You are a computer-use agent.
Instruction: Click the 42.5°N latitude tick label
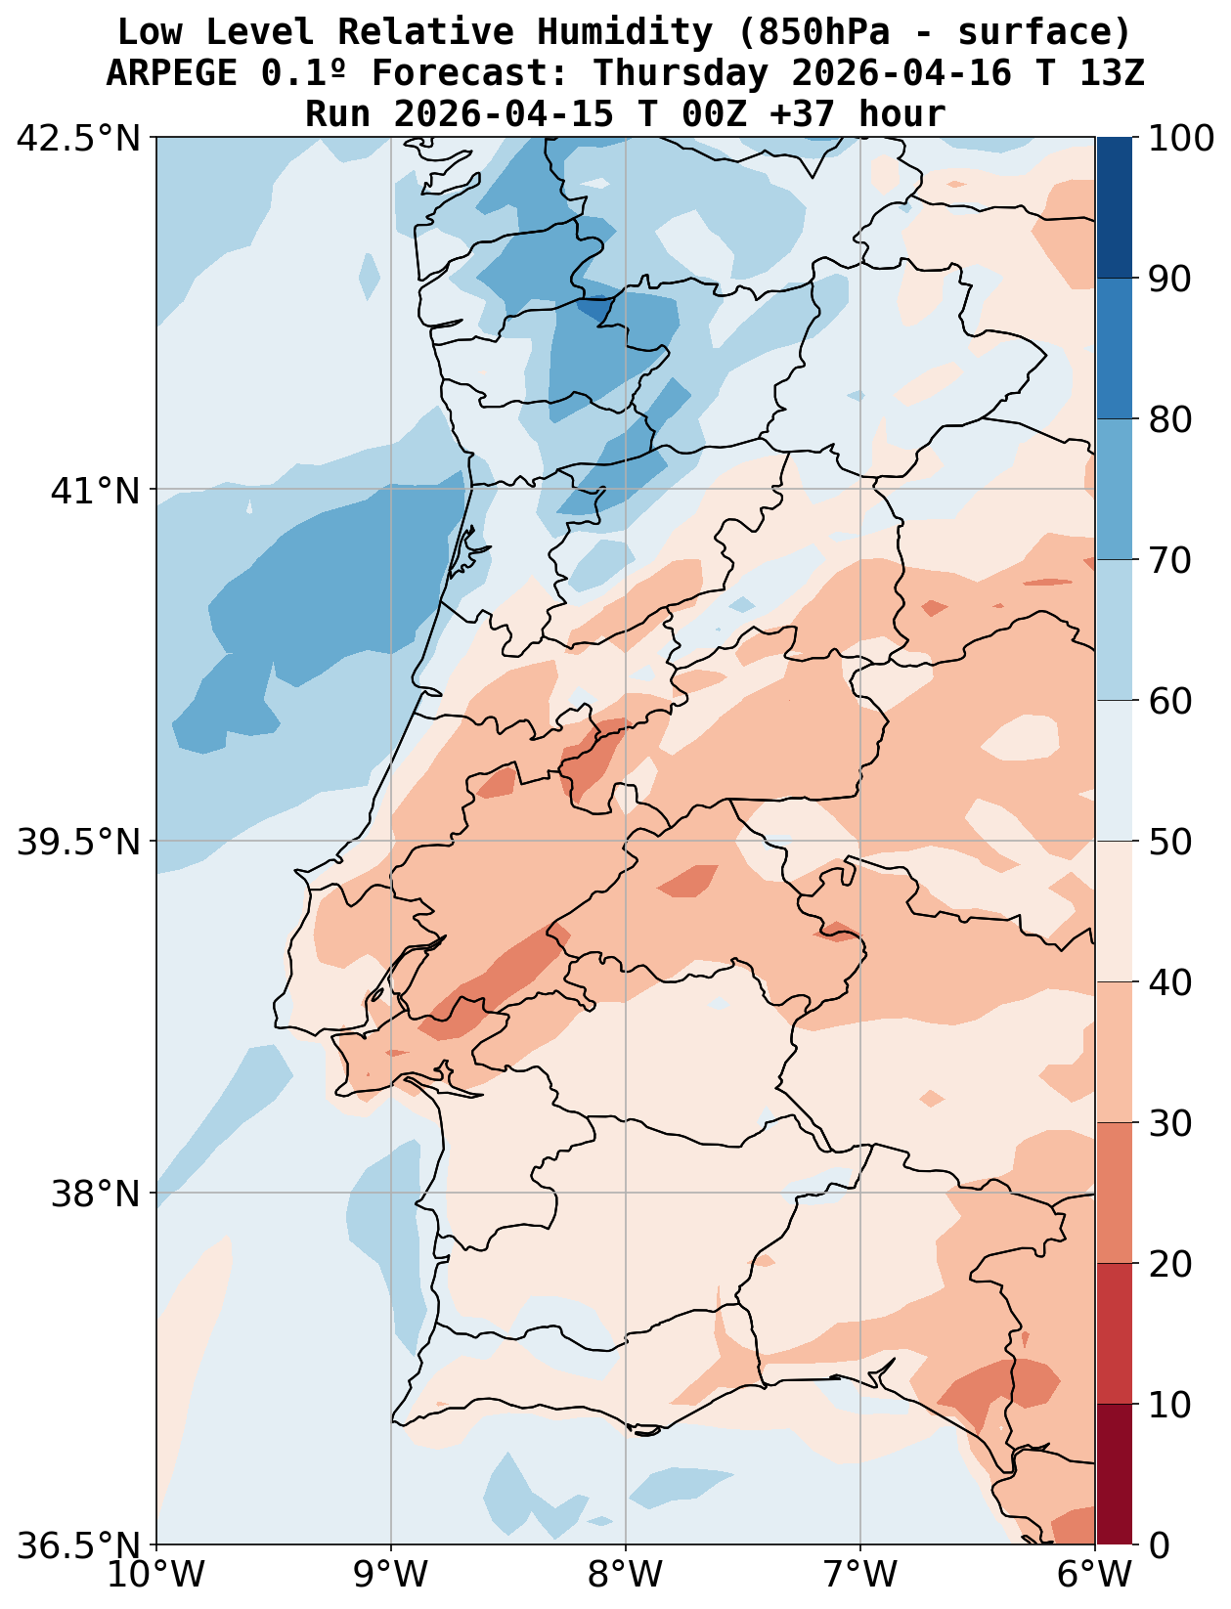pyautogui.click(x=78, y=138)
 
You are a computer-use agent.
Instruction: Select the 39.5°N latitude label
pyautogui.click(x=78, y=842)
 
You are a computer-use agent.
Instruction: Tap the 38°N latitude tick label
pyautogui.click(x=94, y=1194)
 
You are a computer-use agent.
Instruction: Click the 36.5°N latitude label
pyautogui.click(x=78, y=1545)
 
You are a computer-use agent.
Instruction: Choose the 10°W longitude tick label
pyautogui.click(x=156, y=1576)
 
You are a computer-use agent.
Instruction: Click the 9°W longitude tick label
pyautogui.click(x=391, y=1576)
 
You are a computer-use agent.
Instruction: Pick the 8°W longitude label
pyautogui.click(x=626, y=1576)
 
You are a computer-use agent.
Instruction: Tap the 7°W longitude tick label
pyautogui.click(x=860, y=1576)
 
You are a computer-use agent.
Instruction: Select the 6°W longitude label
pyautogui.click(x=1094, y=1576)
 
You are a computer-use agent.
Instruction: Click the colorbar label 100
pyautogui.click(x=1181, y=138)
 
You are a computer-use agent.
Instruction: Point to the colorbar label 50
pyautogui.click(x=1169, y=842)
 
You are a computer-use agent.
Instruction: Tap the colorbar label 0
pyautogui.click(x=1159, y=1545)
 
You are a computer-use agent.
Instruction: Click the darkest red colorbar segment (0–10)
pyautogui.click(x=1114, y=1474)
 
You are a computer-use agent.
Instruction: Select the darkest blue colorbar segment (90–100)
pyautogui.click(x=1114, y=207)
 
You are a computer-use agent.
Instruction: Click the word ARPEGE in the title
pyautogui.click(x=171, y=73)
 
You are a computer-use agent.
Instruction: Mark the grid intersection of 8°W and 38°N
pyautogui.click(x=626, y=1193)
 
